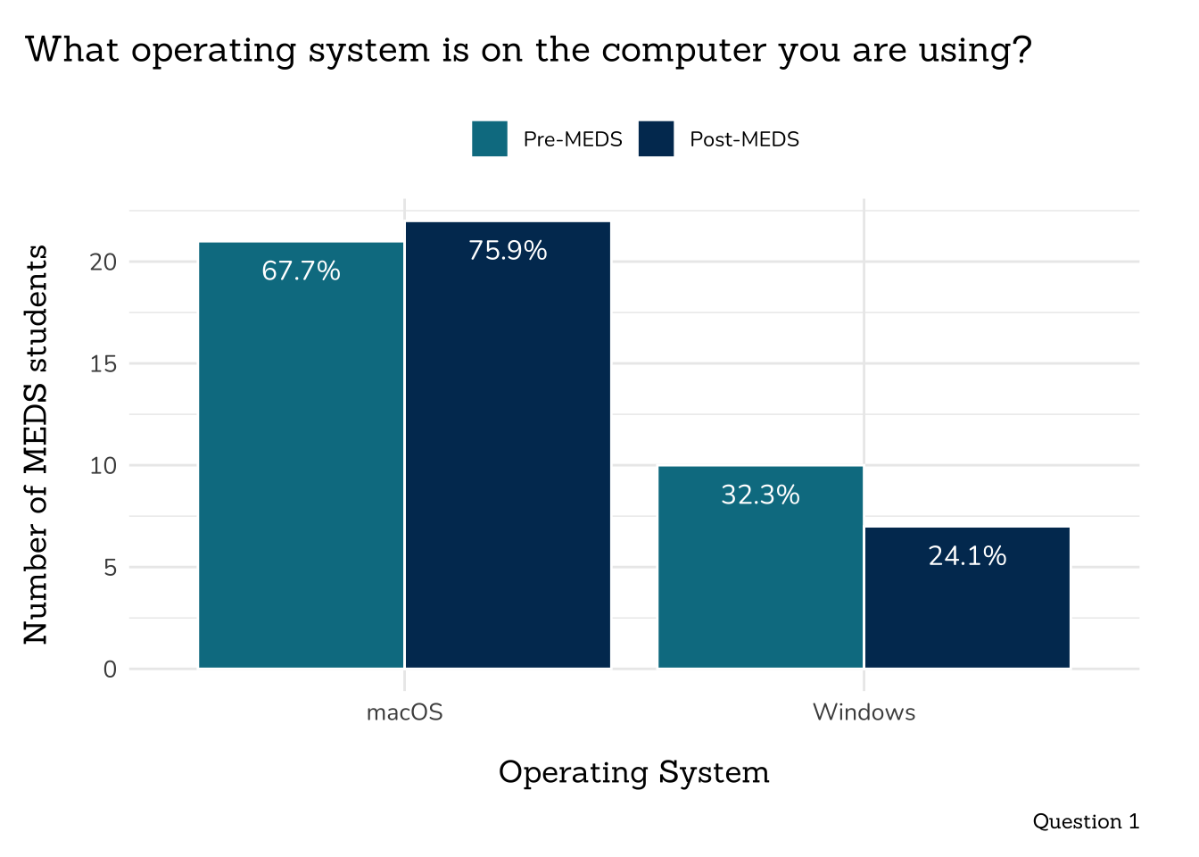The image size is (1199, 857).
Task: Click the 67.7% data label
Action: [301, 270]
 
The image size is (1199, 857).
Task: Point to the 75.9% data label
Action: [508, 250]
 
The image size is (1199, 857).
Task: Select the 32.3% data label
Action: [760, 495]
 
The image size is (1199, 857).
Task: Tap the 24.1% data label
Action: [967, 556]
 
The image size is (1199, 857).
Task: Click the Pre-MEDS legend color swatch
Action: [490, 139]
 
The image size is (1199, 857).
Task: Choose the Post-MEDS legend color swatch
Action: [656, 139]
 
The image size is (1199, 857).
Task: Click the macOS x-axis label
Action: [404, 712]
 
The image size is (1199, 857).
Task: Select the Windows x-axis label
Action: [864, 712]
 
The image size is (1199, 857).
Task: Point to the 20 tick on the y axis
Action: [103, 262]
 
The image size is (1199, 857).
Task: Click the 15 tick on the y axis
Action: [103, 363]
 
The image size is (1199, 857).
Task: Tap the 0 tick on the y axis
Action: [110, 669]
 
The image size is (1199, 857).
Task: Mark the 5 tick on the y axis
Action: [110, 567]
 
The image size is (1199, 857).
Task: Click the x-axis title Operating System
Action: [633, 772]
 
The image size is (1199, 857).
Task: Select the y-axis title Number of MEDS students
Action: [36, 445]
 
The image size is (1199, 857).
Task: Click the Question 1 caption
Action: [1086, 821]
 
